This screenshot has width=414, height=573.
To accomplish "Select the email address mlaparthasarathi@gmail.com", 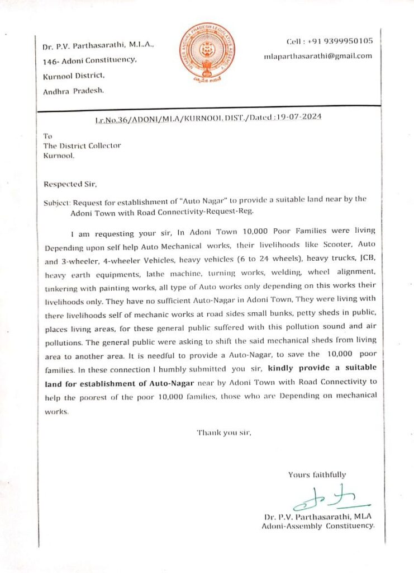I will pyautogui.click(x=317, y=56).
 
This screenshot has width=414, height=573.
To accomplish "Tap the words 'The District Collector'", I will pyautogui.click(x=82, y=146).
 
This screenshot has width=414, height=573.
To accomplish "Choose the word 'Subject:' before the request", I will pyautogui.click(x=56, y=199).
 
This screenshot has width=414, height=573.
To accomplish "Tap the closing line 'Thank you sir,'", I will pyautogui.click(x=220, y=433).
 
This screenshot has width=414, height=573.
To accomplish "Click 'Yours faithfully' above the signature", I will pyautogui.click(x=317, y=475).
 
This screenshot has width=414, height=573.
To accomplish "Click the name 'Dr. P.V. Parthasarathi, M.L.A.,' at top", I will pyautogui.click(x=92, y=44).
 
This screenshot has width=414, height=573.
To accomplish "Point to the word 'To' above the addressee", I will pyautogui.click(x=47, y=136).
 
